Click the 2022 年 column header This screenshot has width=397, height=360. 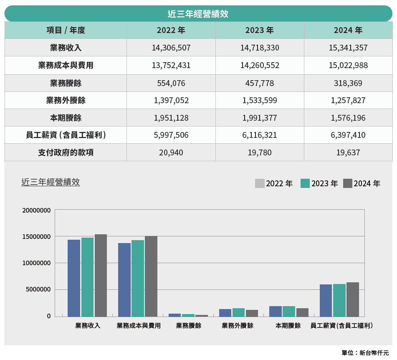pos(171,30)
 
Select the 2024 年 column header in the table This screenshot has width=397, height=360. pos(348,30)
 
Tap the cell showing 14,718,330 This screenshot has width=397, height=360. pos(260,48)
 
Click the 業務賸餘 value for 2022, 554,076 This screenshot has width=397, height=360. pos(171,83)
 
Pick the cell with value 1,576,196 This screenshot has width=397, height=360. pos(348,118)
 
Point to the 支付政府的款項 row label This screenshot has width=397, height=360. pos(66,152)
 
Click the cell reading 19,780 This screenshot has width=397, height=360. pos(260,152)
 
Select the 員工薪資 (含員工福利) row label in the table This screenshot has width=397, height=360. pos(66,135)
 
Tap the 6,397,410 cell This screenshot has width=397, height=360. pos(348,135)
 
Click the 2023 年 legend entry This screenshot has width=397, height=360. pos(319,183)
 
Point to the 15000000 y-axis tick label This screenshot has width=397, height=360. pos(36,236)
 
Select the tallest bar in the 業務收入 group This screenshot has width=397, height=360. pos(101,275)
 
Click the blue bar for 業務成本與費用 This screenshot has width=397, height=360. pos(124,279)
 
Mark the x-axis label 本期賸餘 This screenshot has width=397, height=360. pos(288,326)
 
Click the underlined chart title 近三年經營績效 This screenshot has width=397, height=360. pos(51,182)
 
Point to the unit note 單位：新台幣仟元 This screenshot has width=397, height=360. pos(365,353)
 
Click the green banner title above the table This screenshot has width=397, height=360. pos(198,14)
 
